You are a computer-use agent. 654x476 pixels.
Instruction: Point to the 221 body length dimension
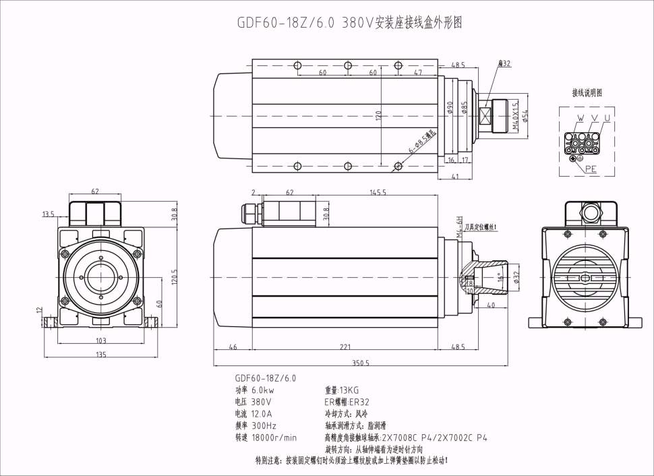(x=345, y=347)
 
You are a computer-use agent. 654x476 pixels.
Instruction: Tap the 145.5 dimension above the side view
(x=378, y=193)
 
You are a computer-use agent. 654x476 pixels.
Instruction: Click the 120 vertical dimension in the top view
(x=378, y=115)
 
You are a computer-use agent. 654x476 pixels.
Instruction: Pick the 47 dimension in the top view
(x=418, y=72)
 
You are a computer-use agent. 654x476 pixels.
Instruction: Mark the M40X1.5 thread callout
(x=515, y=115)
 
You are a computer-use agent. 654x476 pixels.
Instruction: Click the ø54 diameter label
(x=526, y=115)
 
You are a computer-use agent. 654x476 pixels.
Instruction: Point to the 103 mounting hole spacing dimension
(x=101, y=341)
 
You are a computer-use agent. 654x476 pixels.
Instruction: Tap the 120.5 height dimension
(x=174, y=276)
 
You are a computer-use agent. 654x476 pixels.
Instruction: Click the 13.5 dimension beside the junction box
(x=48, y=214)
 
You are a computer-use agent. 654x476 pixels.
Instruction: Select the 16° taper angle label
(x=500, y=276)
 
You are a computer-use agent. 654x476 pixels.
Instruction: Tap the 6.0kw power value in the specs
(x=263, y=390)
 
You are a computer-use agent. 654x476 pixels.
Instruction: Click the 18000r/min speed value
(x=274, y=438)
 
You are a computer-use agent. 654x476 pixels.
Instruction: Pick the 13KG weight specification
(x=342, y=390)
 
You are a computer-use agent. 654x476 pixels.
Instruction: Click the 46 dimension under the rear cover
(x=233, y=347)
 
